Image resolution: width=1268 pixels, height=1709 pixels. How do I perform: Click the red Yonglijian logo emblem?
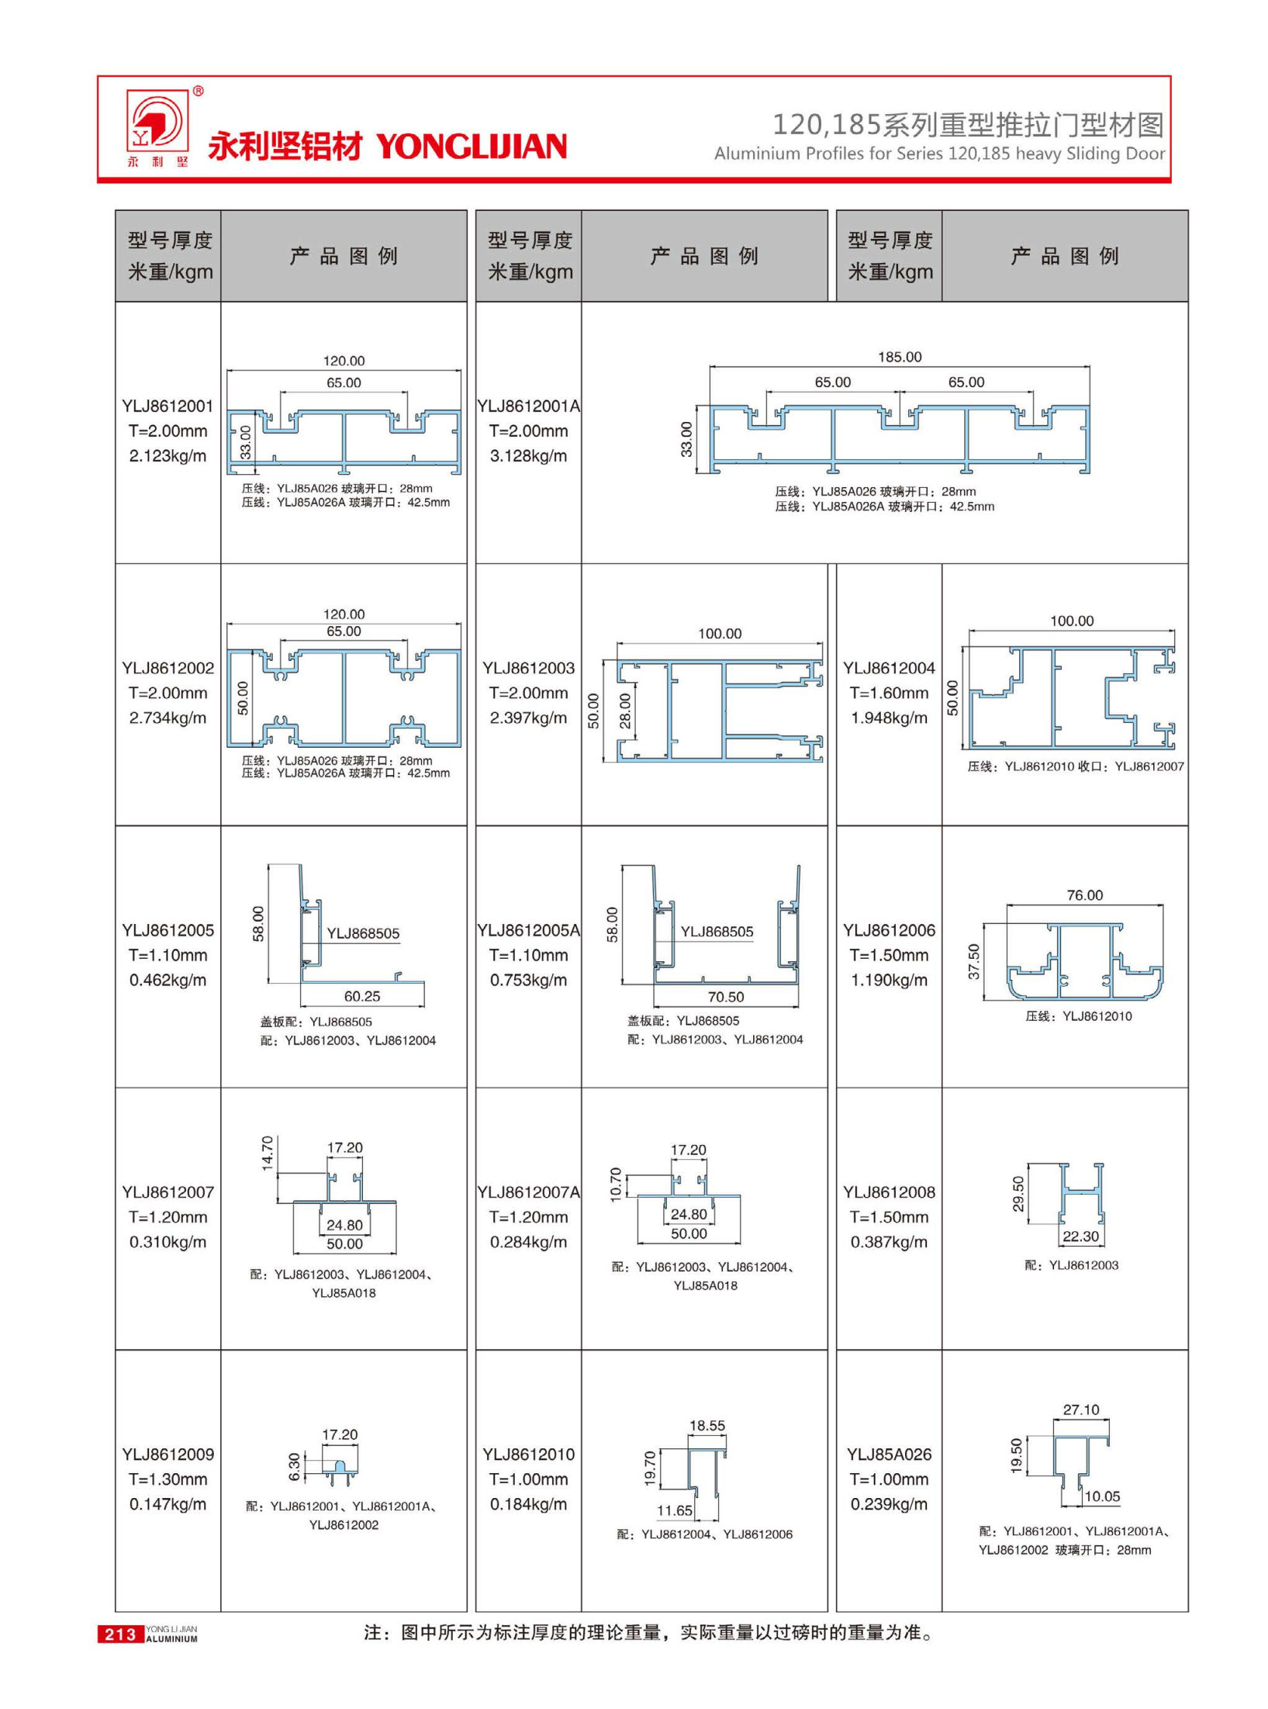point(157,122)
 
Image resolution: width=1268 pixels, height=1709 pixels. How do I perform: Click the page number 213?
point(120,1635)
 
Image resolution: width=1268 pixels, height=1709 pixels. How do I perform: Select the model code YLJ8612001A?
point(528,406)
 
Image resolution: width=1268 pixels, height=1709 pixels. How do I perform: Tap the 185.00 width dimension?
point(900,357)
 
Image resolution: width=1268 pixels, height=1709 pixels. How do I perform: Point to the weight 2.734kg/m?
point(168,718)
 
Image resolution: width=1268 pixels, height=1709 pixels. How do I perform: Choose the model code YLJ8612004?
point(889,668)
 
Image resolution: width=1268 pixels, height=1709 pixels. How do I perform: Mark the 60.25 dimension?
point(362,996)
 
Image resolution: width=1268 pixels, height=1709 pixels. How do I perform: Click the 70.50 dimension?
point(725,997)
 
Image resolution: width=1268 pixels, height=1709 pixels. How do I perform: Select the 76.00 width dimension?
point(1084,895)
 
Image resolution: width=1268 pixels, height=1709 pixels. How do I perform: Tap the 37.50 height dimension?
point(974,961)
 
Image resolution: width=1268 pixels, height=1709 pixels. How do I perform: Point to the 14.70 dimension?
point(268,1153)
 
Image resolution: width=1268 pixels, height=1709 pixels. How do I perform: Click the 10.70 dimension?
point(617,1184)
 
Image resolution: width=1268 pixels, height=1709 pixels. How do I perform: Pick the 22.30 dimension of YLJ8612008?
point(1080,1236)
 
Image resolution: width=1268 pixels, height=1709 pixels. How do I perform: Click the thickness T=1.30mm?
point(168,1479)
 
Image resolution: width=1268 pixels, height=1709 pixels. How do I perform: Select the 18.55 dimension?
point(707,1426)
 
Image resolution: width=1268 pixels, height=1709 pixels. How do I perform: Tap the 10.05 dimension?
point(1102,1496)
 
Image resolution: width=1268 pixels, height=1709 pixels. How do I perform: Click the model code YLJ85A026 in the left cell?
point(889,1455)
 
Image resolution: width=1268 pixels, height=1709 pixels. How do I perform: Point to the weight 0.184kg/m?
point(528,1504)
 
